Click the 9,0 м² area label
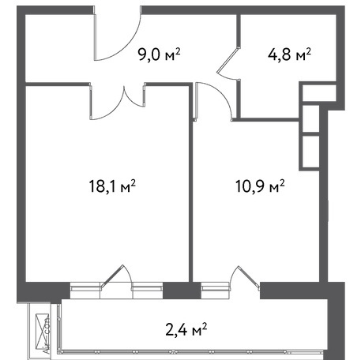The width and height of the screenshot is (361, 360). point(159,54)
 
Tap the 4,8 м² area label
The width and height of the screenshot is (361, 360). point(289,54)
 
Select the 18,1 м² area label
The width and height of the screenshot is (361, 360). point(112,186)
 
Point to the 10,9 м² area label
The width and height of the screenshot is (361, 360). point(260,186)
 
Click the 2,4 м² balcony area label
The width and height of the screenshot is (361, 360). point(186,329)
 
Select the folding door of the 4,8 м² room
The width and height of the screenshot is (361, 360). point(228,63)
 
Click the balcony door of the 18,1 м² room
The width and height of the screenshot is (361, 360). point(117,276)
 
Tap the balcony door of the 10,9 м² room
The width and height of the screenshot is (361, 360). point(245,276)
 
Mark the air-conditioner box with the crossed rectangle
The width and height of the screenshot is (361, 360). point(42,332)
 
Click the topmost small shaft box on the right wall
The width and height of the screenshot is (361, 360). point(319,92)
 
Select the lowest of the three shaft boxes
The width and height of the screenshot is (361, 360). point(310,152)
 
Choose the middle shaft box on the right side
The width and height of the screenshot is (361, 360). point(310,118)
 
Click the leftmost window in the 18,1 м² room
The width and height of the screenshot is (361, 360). point(85,291)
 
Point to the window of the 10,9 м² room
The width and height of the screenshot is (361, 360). point(216,291)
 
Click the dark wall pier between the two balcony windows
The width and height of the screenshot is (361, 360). point(182,291)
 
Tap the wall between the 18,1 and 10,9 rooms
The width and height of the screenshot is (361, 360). point(191,183)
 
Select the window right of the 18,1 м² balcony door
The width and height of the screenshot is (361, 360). point(148,291)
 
